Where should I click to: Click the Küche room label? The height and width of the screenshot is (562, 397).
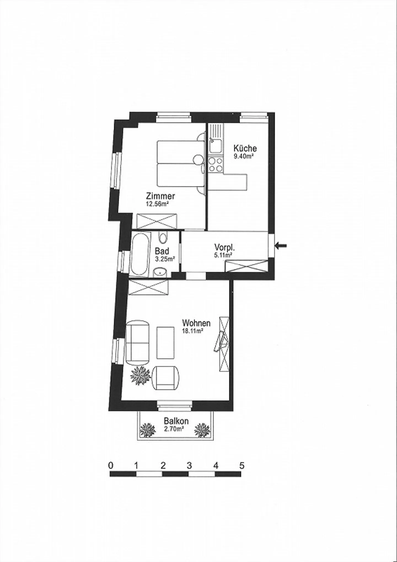(245, 148)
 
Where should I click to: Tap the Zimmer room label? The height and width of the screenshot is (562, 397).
(160, 196)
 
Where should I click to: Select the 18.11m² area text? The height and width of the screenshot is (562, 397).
(193, 331)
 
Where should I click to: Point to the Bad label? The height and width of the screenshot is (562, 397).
(162, 251)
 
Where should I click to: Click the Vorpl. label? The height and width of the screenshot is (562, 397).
(224, 247)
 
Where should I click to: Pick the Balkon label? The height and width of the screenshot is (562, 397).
(176, 429)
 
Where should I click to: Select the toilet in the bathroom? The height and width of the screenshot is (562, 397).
(163, 238)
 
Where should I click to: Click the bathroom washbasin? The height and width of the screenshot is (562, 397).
(160, 272)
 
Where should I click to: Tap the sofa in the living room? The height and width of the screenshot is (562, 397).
(137, 342)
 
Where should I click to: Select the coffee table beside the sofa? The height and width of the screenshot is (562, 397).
(165, 343)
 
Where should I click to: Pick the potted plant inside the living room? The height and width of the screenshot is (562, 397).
(141, 375)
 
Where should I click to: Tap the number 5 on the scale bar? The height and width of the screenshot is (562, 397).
(242, 466)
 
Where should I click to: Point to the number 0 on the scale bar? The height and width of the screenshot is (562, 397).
(111, 466)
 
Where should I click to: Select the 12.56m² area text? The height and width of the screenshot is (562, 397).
(157, 204)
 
